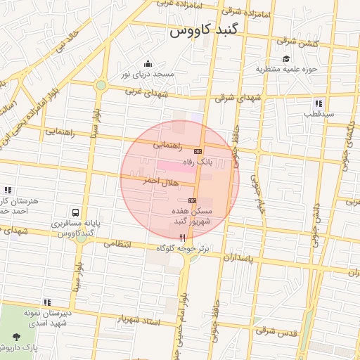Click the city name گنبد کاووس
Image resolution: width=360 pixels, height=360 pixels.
pyautogui.click(x=205, y=32)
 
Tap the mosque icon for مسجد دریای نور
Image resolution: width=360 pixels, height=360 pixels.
pyautogui.click(x=147, y=64)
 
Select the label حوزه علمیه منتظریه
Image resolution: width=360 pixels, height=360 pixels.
pyautogui.click(x=287, y=69)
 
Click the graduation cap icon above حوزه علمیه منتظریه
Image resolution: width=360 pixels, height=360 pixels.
pyautogui.click(x=286, y=58)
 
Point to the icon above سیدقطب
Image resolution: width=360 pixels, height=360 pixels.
pyautogui.click(x=319, y=103)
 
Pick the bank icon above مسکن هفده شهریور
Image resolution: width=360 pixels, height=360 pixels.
pyautogui.click(x=192, y=201)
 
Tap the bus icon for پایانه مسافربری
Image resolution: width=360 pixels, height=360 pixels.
pyautogui.click(x=75, y=212)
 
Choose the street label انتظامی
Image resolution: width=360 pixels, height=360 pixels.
pyautogui.click(x=117, y=244)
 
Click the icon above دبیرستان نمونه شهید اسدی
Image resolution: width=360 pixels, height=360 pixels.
pyautogui.click(x=46, y=302)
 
